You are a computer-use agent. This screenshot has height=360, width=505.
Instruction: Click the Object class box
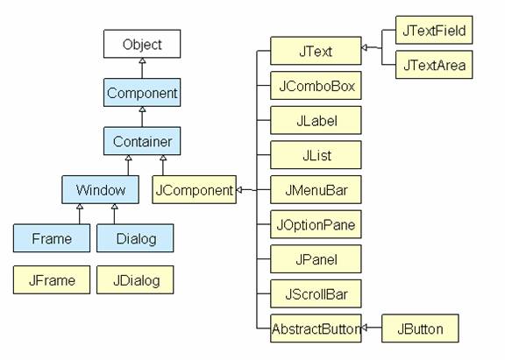coord(142,44)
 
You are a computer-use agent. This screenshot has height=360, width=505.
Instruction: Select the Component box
coord(142,93)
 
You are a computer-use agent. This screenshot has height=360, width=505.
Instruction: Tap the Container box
coord(142,141)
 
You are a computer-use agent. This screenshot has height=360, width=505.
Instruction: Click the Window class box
coord(101,189)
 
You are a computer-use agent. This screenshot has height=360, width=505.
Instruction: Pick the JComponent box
coord(195,189)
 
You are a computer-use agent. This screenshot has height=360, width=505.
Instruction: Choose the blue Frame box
coord(52,238)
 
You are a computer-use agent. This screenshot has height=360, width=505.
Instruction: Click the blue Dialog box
coord(135,238)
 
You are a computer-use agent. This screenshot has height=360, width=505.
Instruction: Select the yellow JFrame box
coord(52,280)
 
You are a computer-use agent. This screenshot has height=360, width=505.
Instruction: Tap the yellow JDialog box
coord(135,280)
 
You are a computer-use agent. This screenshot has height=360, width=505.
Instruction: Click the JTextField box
coord(434,30)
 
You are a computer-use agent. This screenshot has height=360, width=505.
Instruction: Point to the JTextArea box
coord(434,65)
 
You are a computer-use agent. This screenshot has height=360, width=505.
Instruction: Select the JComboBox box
coord(316,86)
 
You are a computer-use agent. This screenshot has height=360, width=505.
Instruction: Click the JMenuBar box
coord(316,189)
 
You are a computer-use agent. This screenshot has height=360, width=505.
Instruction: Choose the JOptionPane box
coord(316,224)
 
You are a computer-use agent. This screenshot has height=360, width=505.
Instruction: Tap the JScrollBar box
coord(316,293)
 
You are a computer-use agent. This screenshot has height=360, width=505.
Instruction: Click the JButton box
coord(420,328)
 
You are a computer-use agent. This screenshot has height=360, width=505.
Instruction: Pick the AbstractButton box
coord(316,328)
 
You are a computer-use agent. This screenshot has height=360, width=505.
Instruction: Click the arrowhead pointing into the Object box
coord(142,60)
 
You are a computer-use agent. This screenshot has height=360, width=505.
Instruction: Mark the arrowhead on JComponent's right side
coord(239,190)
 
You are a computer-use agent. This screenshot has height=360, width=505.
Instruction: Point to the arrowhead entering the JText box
coord(364,47)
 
